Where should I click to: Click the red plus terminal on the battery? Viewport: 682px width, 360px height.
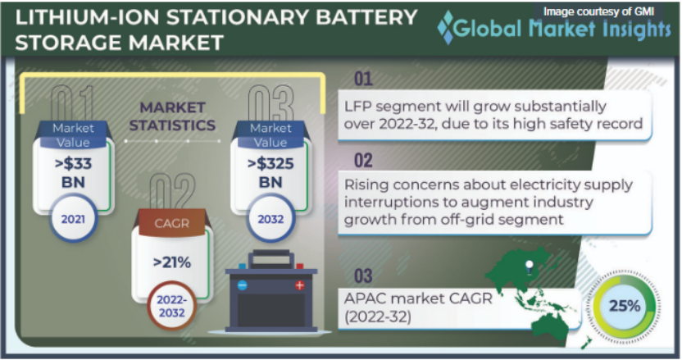coord(299,285)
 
